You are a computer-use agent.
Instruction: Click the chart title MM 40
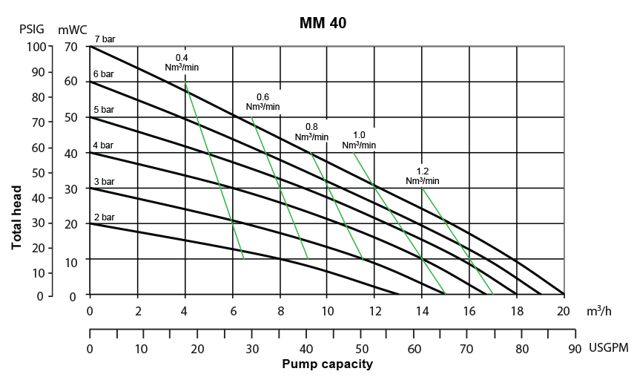(x=323, y=23)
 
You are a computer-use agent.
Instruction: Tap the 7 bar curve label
(x=105, y=39)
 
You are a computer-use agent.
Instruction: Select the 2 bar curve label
(x=104, y=217)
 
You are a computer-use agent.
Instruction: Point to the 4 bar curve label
(x=104, y=145)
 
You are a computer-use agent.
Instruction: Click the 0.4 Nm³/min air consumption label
(x=182, y=62)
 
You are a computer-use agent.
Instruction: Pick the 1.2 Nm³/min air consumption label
(x=423, y=176)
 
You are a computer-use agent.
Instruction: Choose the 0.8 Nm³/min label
(x=311, y=132)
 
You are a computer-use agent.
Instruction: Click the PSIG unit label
(x=31, y=30)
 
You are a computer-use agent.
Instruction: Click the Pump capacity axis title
(x=327, y=364)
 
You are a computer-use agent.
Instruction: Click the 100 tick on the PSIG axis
(x=36, y=47)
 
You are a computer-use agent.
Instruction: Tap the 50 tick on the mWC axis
(x=71, y=118)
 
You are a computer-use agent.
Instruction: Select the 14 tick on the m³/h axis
(x=422, y=310)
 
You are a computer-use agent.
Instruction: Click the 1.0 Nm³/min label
(x=359, y=140)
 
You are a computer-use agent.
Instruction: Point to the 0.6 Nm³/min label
(x=263, y=102)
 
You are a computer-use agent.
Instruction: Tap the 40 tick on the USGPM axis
(x=306, y=347)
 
